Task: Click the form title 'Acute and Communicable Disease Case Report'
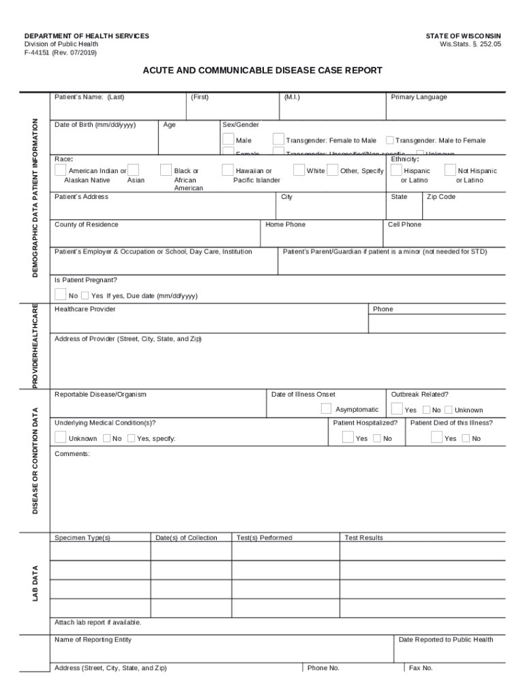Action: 262,70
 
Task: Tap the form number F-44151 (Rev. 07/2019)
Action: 61,52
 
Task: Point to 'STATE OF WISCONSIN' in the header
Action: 463,35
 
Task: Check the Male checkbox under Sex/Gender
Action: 228,140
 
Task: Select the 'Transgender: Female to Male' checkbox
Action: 278,140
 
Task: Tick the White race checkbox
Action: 299,170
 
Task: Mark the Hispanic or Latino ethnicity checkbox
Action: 396,170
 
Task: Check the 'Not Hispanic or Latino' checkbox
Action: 451,170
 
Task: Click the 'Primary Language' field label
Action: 419,97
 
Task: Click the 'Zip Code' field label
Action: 441,197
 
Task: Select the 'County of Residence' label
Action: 86,224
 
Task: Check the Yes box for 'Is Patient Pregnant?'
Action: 85,296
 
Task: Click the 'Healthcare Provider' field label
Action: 85,309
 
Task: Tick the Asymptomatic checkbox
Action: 326,409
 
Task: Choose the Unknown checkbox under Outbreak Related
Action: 448,410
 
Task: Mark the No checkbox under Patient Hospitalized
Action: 377,438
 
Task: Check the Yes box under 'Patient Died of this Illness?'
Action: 437,438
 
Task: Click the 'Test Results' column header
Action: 363,538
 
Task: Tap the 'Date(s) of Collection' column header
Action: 186,538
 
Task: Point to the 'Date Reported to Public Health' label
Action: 445,639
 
